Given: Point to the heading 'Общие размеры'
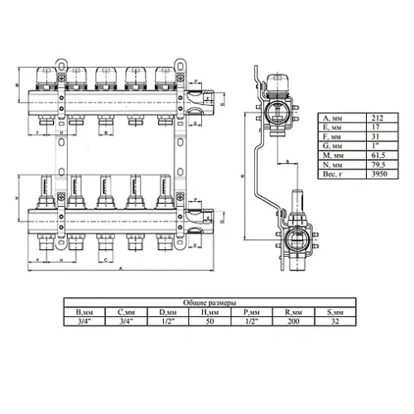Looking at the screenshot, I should [207, 303].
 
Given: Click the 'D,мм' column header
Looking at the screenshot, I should [168, 312].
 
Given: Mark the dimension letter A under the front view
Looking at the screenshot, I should [122, 270].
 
